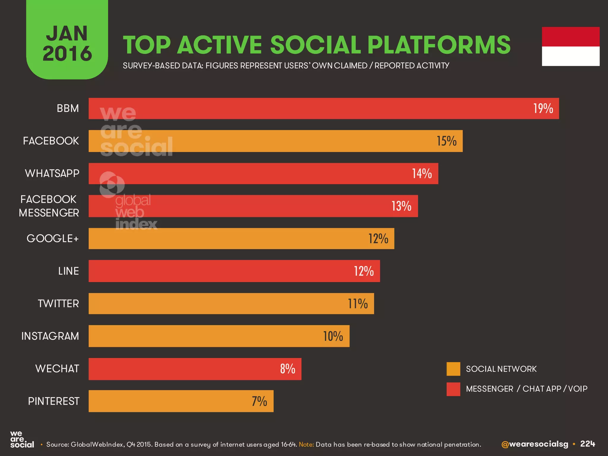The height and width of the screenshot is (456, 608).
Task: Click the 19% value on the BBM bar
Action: (543, 109)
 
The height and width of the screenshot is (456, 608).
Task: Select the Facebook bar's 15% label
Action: (446, 141)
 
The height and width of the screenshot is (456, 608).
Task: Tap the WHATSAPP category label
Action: (52, 173)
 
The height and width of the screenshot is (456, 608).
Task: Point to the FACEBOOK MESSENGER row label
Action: (49, 206)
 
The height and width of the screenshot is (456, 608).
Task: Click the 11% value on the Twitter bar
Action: (358, 304)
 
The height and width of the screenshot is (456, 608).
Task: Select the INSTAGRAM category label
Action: (50, 336)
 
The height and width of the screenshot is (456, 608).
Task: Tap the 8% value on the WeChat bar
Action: (287, 369)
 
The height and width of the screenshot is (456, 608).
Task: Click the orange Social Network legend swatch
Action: (453, 369)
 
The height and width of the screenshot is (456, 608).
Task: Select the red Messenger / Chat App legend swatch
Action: (453, 389)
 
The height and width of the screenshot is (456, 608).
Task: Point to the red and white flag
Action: (570, 46)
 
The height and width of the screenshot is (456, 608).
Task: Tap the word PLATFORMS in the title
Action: (439, 45)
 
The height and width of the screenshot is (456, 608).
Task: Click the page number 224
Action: (588, 444)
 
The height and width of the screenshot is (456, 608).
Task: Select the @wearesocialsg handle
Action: (534, 444)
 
